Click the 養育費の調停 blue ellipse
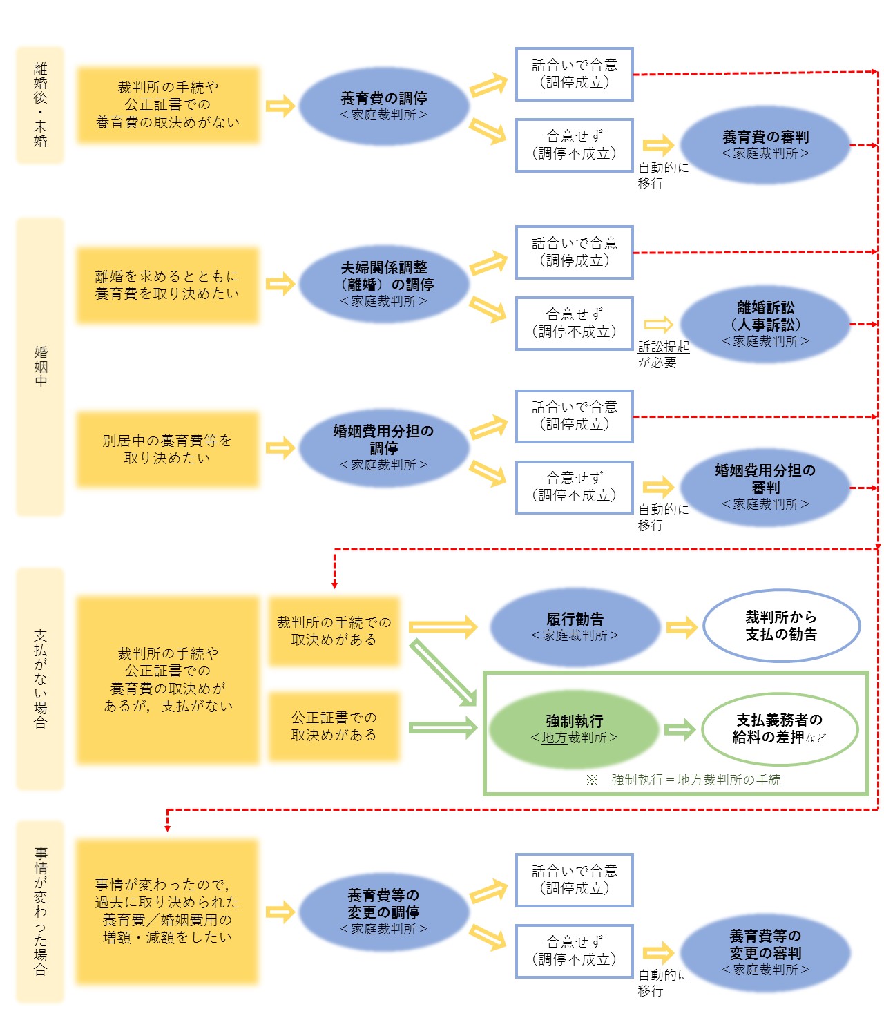pyautogui.click(x=383, y=106)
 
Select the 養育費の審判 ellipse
pyautogui.click(x=765, y=145)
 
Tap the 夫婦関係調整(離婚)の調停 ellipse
pyautogui.click(x=383, y=284)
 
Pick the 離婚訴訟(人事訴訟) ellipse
pyautogui.click(x=765, y=323)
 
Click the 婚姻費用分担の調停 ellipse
pyautogui.click(x=383, y=448)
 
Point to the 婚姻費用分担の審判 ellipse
pyautogui.click(x=765, y=487)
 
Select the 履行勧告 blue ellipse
pyautogui.click(x=575, y=626)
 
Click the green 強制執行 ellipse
pyautogui.click(x=574, y=729)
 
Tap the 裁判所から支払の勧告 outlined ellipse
pyautogui.click(x=781, y=626)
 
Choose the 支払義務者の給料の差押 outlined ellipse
pyautogui.click(x=780, y=729)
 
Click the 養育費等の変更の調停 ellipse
pyautogui.click(x=383, y=912)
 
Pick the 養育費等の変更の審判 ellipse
pyautogui.click(x=765, y=952)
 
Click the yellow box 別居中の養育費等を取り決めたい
pyautogui.click(x=167, y=449)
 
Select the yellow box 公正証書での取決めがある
pyautogui.click(x=334, y=727)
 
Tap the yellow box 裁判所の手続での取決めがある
pyautogui.click(x=334, y=631)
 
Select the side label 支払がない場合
pyautogui.click(x=40, y=679)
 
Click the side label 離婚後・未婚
pyautogui.click(x=40, y=105)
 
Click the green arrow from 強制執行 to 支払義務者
pyautogui.click(x=680, y=729)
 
